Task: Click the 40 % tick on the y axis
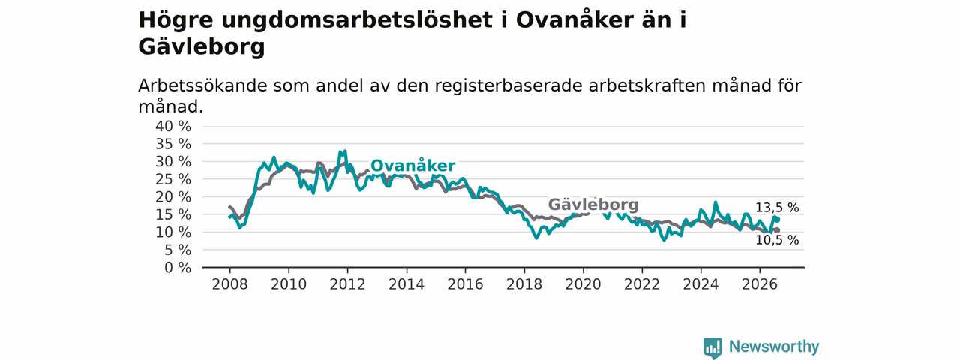(173, 127)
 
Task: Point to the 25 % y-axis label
(173, 179)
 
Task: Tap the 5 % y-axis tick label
(178, 250)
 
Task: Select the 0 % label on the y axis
(178, 268)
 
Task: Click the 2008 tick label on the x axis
(229, 284)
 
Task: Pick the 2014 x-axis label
(406, 284)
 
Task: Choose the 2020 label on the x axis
(583, 284)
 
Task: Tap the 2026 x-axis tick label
(760, 284)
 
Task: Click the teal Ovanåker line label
(412, 166)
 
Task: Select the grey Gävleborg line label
(593, 205)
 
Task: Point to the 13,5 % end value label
(777, 208)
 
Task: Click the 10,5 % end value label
(777, 240)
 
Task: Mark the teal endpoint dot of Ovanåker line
(778, 220)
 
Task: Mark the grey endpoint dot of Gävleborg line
(778, 230)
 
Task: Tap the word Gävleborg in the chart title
(202, 46)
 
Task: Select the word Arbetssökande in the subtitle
(202, 85)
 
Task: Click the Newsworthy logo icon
(712, 347)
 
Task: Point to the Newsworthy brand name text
(774, 346)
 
